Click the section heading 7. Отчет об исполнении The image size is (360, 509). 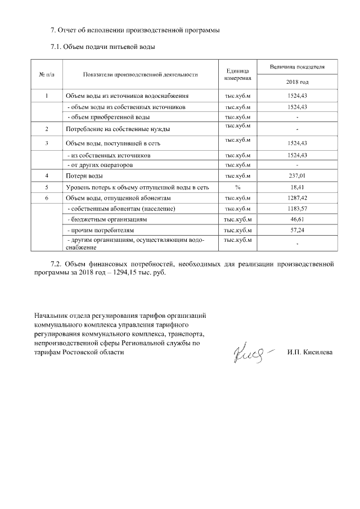click(x=134, y=29)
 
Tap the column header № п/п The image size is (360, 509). click(x=47, y=74)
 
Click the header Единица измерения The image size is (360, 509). click(x=237, y=74)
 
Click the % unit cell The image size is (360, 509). click(x=237, y=187)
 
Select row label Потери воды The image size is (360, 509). click(x=84, y=177)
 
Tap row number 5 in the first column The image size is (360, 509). click(x=47, y=187)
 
